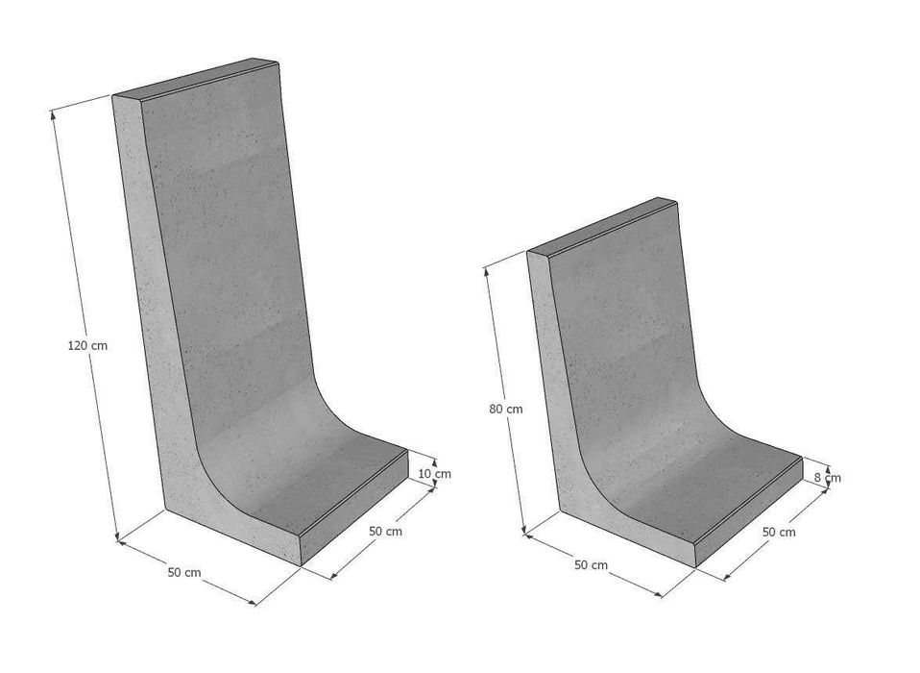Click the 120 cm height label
point(88,345)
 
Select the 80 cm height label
point(506,409)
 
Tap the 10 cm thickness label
point(435,473)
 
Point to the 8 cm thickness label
point(827,478)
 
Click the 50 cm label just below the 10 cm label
point(385,531)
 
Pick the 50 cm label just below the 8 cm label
point(779,532)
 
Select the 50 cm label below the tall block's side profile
point(184,572)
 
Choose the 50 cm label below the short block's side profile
point(591,565)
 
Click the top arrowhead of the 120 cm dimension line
point(54,113)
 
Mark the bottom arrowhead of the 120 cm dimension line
point(117,536)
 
